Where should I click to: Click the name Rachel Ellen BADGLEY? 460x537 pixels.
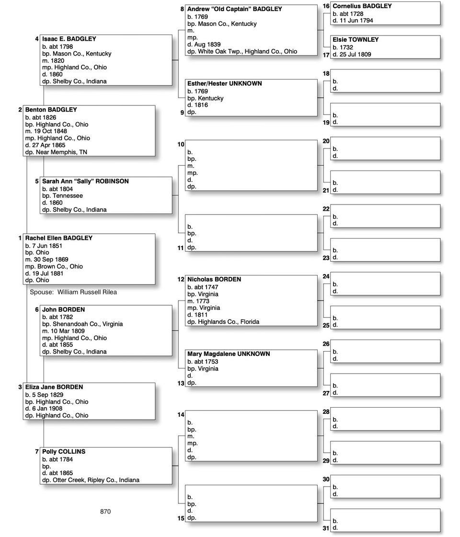pos(58,238)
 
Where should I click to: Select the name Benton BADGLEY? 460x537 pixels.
pos(51,110)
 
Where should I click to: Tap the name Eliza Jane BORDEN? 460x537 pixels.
pos(54,387)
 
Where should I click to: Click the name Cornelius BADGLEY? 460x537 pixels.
pos(362,6)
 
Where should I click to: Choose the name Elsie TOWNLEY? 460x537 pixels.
pos(356,40)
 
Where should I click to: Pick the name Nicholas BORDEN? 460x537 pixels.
pos(214,279)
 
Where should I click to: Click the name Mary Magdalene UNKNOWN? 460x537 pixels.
pos(229,354)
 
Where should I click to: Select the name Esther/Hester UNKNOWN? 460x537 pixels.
pos(224,83)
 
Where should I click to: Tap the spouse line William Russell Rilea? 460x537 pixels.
pos(73,292)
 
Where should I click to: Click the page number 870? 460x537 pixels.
pos(105,512)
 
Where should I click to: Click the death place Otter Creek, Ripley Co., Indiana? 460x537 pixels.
pos(96,480)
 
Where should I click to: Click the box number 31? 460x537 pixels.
pos(326,528)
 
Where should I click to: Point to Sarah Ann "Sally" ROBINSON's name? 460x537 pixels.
pos(85,182)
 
